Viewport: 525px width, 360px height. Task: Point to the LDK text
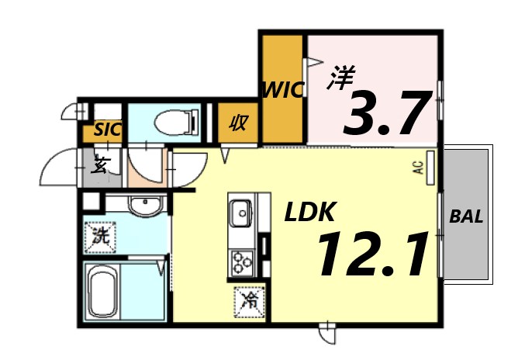tap(309, 213)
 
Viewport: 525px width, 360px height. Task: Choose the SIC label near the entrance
tap(107, 130)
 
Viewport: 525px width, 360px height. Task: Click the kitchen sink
tap(240, 210)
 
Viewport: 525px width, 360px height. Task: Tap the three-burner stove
tap(242, 261)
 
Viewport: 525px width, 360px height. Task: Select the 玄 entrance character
tap(100, 164)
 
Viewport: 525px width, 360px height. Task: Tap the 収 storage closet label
tap(238, 123)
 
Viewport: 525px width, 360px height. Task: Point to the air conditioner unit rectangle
tap(430, 167)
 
